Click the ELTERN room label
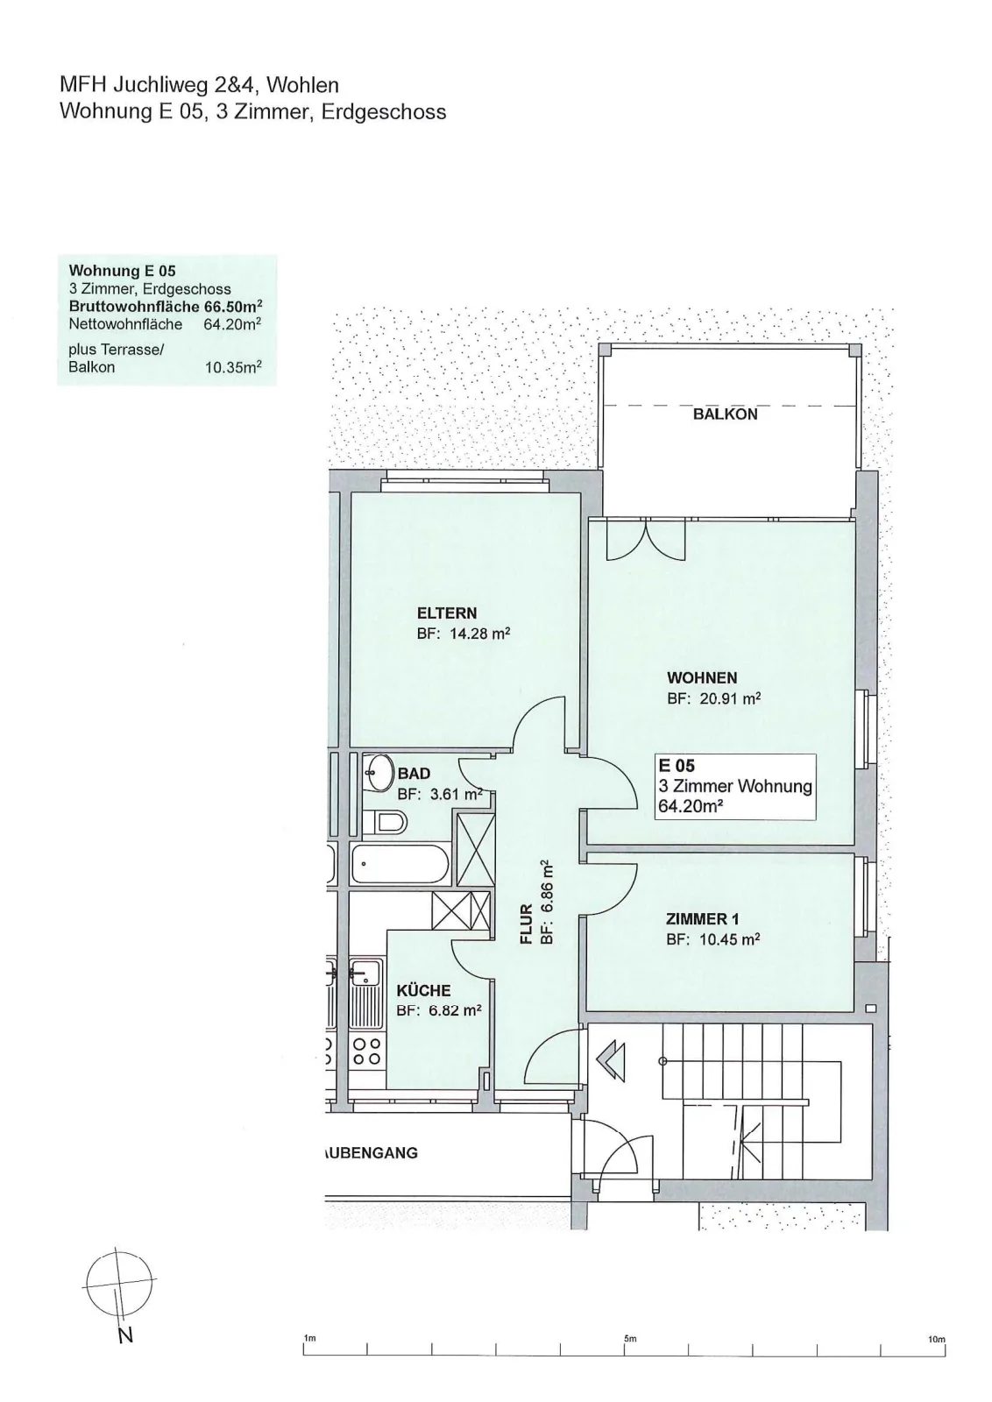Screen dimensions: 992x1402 [447, 612]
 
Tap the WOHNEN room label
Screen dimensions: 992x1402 [702, 677]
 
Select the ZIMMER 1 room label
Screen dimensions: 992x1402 [702, 919]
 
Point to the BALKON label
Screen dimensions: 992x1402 [725, 414]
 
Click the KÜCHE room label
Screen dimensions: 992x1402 [423, 990]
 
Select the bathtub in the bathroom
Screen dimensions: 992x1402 [400, 864]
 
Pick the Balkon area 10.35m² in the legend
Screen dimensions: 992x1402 [233, 367]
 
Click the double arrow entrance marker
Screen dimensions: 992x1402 [611, 1060]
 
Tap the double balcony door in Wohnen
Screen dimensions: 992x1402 [646, 540]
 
